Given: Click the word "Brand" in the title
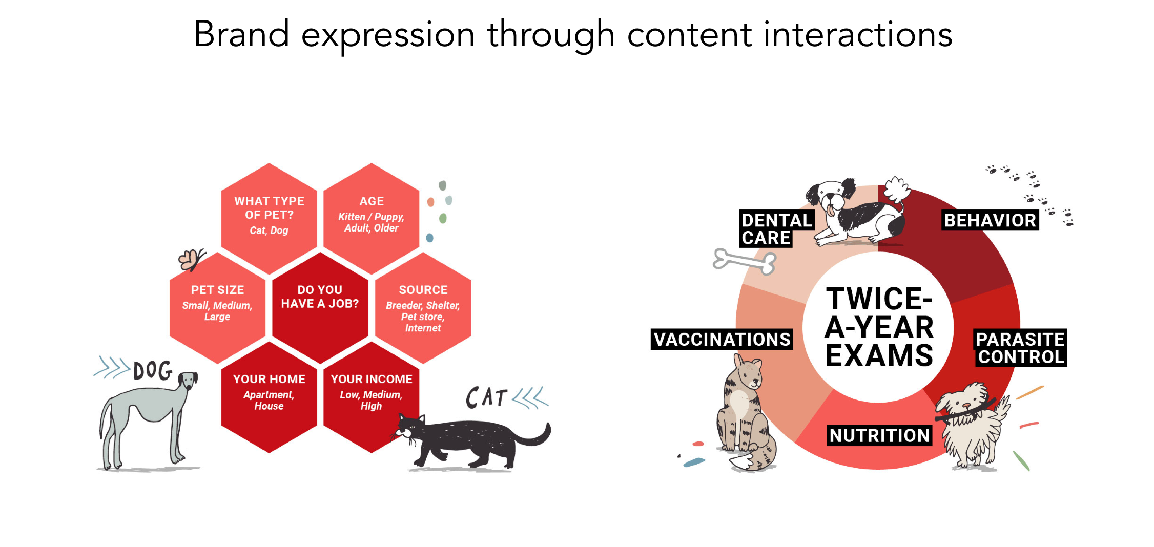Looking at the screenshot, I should (x=241, y=35).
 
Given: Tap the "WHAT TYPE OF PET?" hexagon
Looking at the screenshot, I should (x=269, y=215).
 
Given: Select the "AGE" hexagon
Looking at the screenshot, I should (x=372, y=215).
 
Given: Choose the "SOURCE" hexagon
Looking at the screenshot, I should (x=423, y=307).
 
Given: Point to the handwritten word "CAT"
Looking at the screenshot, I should (x=486, y=397).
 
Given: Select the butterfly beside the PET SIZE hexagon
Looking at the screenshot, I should (x=191, y=260).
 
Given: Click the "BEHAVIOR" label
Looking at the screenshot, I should (x=990, y=220).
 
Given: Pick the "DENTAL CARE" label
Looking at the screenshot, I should (x=776, y=229).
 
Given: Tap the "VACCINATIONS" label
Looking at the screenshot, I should (x=722, y=340).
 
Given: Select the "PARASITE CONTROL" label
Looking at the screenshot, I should (x=1020, y=348).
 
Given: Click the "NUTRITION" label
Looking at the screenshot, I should (x=879, y=435).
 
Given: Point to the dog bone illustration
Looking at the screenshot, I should (x=745, y=261).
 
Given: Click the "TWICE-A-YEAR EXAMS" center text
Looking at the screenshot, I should (x=879, y=327).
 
